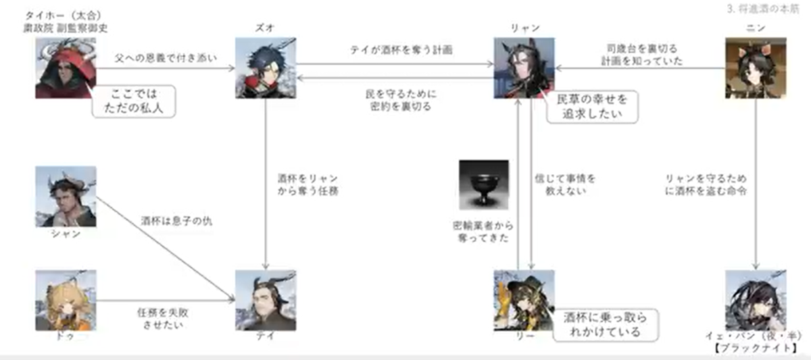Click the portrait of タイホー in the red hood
pos(66,68)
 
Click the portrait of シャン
pos(66,197)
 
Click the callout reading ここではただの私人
pos(133,101)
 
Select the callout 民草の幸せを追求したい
pos(591,107)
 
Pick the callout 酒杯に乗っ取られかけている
pos(606,324)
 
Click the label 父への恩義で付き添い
pos(167,58)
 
